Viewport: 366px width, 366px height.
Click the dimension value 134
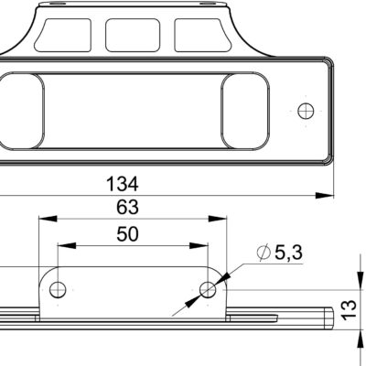[x=134, y=182]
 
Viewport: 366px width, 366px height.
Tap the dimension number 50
[x=128, y=234]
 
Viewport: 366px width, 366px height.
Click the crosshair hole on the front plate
[x=306, y=110]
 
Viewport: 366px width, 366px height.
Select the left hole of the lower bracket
[x=58, y=290]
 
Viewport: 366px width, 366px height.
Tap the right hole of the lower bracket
[x=208, y=290]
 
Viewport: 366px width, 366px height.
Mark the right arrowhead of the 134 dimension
[x=325, y=195]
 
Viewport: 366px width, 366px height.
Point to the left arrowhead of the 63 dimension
[x=42, y=220]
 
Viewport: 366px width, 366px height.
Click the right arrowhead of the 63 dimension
[x=221, y=220]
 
